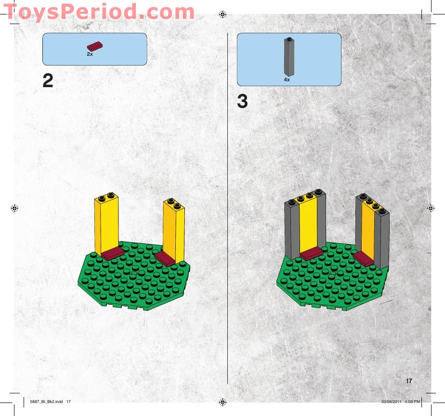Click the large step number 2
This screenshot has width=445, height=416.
48,81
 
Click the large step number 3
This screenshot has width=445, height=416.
242,102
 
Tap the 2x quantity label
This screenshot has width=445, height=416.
90,54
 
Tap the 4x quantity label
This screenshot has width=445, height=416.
287,79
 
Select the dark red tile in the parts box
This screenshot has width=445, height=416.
94,46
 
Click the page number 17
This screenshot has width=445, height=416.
409,381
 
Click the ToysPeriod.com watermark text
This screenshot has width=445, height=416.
99,12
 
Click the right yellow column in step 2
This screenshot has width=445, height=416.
173,231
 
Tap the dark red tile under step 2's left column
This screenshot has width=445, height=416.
112,254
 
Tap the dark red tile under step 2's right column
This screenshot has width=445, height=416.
164,259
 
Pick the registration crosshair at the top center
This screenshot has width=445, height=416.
222,14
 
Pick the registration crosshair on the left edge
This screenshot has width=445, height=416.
14,208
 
